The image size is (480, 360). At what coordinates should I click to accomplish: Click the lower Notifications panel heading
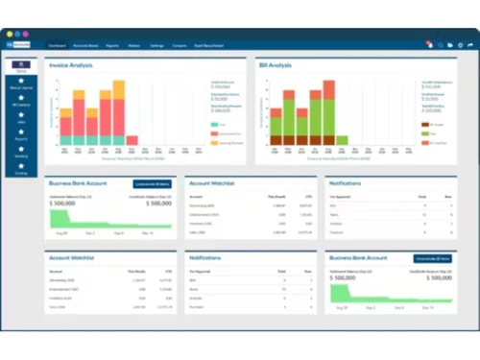(209, 259)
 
